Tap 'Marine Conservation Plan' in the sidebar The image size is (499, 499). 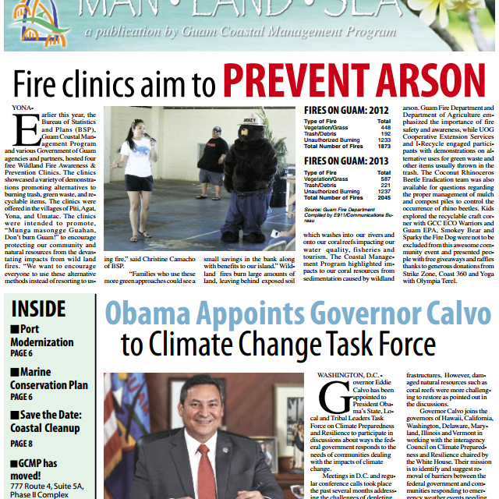click(x=48, y=377)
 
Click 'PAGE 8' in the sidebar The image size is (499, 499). click(x=22, y=443)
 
